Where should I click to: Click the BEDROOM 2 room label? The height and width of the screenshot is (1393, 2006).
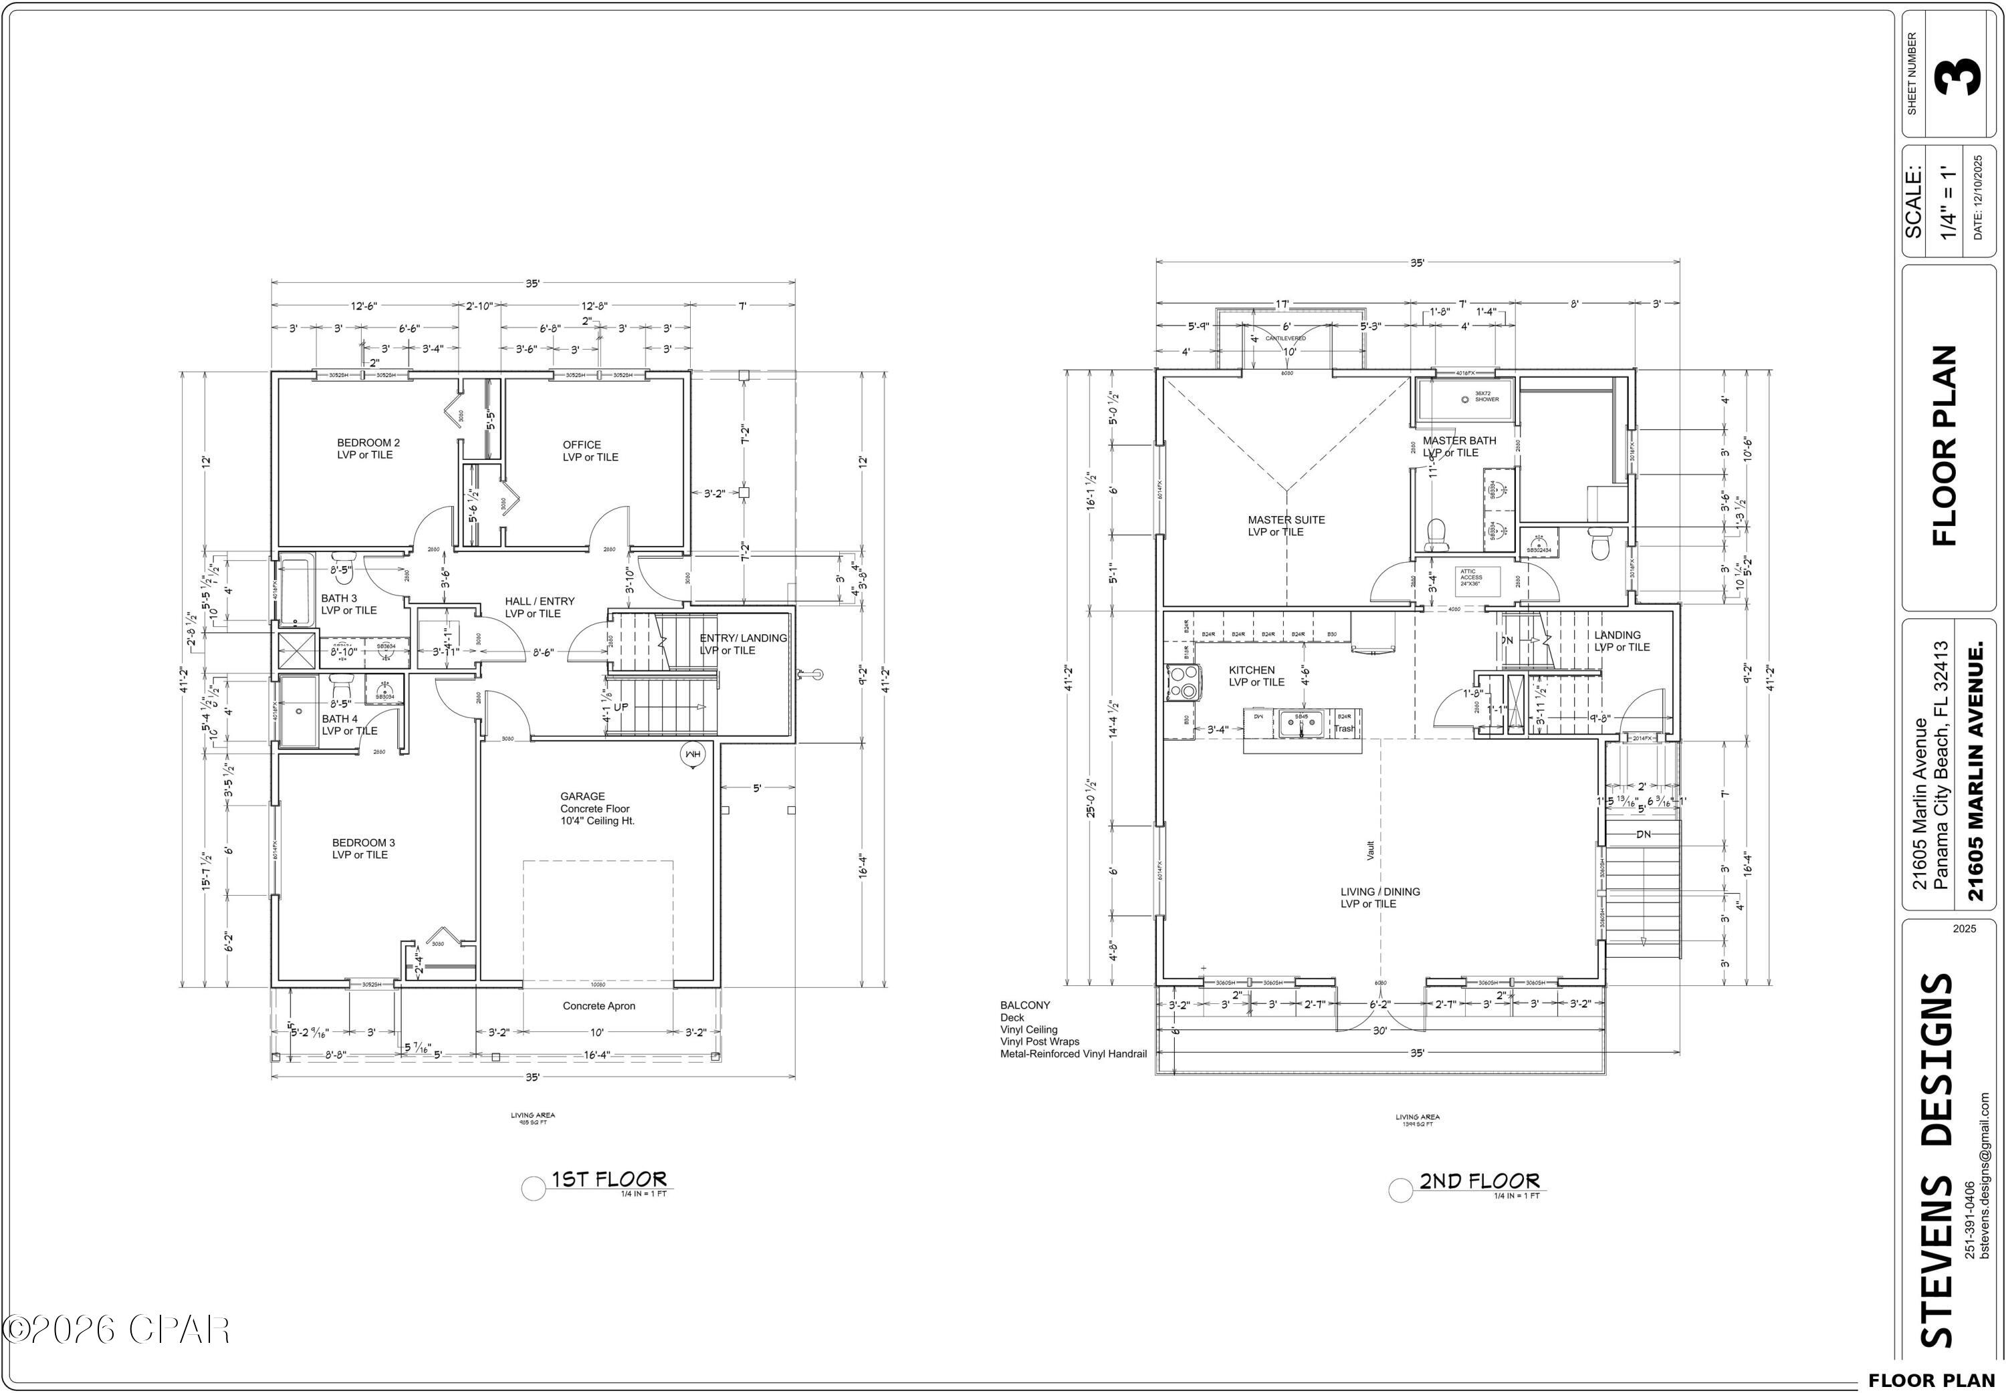[x=368, y=442]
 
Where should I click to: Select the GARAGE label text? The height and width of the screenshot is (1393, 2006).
[x=582, y=796]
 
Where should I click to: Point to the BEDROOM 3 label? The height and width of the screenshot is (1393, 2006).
[x=363, y=842]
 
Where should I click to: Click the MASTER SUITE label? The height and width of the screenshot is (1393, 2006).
[x=1286, y=520]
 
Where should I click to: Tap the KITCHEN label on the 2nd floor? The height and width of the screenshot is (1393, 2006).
[x=1252, y=670]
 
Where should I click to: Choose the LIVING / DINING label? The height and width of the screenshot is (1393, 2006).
[x=1380, y=892]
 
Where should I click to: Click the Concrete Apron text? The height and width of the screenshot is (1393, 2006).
[x=599, y=1007]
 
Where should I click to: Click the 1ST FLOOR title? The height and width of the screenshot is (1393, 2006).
[x=608, y=1180]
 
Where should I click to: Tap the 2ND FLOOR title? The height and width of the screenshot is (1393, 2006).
[x=1478, y=1181]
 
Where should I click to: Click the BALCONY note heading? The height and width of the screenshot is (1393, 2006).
[x=1025, y=1005]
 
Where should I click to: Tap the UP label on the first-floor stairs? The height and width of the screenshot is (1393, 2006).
[x=621, y=707]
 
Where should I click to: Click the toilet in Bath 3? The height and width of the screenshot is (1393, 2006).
[x=342, y=559]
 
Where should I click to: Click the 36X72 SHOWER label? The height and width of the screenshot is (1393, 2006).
[x=1486, y=397]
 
